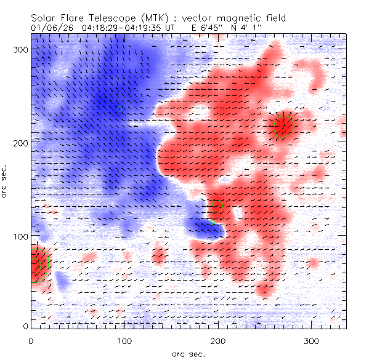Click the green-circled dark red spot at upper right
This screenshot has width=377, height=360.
click(x=283, y=127)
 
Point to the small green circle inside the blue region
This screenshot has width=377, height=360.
click(x=120, y=110)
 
